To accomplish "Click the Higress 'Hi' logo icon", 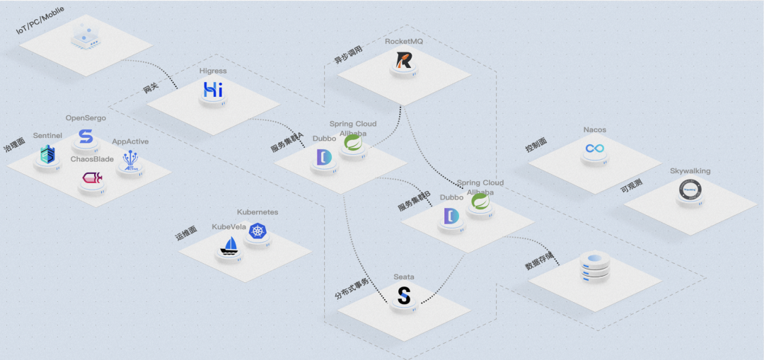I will pyautogui.click(x=213, y=89).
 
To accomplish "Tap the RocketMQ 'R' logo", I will pyautogui.click(x=404, y=61).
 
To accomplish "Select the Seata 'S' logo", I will pyautogui.click(x=404, y=295).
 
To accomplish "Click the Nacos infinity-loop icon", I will pyautogui.click(x=594, y=149).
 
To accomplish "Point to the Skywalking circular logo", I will pyautogui.click(x=689, y=189).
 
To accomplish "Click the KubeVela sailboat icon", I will pyautogui.click(x=231, y=245).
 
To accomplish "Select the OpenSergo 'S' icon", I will pyautogui.click(x=86, y=136).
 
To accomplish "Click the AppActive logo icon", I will pyautogui.click(x=130, y=160).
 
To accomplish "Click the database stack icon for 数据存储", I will pyautogui.click(x=594, y=266).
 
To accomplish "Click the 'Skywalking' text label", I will pyautogui.click(x=690, y=171).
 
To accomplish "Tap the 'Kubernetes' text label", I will pyautogui.click(x=257, y=212).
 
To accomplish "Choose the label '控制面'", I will pyautogui.click(x=536, y=142).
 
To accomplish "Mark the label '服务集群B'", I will pyautogui.click(x=414, y=201).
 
